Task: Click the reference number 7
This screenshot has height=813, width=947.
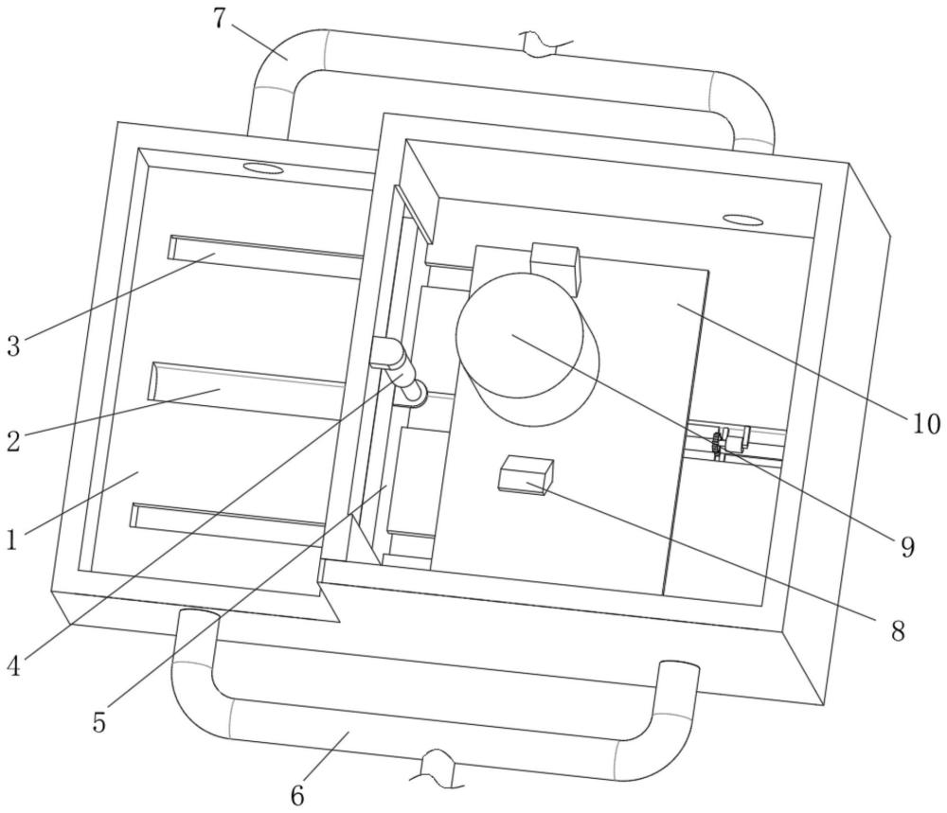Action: click(219, 18)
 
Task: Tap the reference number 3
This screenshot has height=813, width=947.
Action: click(13, 345)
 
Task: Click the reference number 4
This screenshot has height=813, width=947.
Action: click(13, 665)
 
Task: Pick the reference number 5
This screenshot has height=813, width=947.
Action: click(99, 722)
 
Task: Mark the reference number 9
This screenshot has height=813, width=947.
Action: click(907, 547)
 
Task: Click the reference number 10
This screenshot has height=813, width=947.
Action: click(925, 422)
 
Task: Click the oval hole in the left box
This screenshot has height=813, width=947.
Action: click(263, 168)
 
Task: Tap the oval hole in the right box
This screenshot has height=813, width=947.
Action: click(743, 221)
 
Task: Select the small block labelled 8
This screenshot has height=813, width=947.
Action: click(527, 474)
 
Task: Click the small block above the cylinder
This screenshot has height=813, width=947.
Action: click(556, 264)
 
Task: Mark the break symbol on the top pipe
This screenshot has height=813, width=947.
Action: click(547, 43)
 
